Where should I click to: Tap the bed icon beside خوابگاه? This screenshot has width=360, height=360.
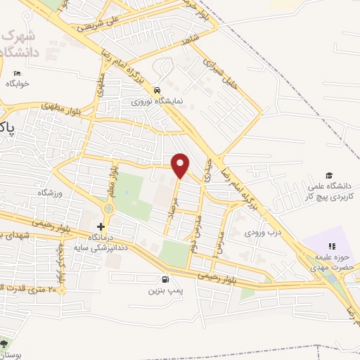[x=18, y=73]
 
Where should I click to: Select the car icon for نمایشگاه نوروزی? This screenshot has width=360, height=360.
[x=160, y=90]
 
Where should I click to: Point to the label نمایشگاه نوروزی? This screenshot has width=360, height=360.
[x=160, y=101]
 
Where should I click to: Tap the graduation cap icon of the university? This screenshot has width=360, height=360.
[x=328, y=174]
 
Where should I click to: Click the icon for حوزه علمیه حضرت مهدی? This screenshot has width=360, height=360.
[x=332, y=246]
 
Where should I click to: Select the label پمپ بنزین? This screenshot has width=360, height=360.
[x=165, y=289]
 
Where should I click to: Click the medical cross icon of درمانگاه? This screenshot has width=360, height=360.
[x=101, y=226]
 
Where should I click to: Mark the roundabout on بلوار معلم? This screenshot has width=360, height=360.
[x=109, y=208]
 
